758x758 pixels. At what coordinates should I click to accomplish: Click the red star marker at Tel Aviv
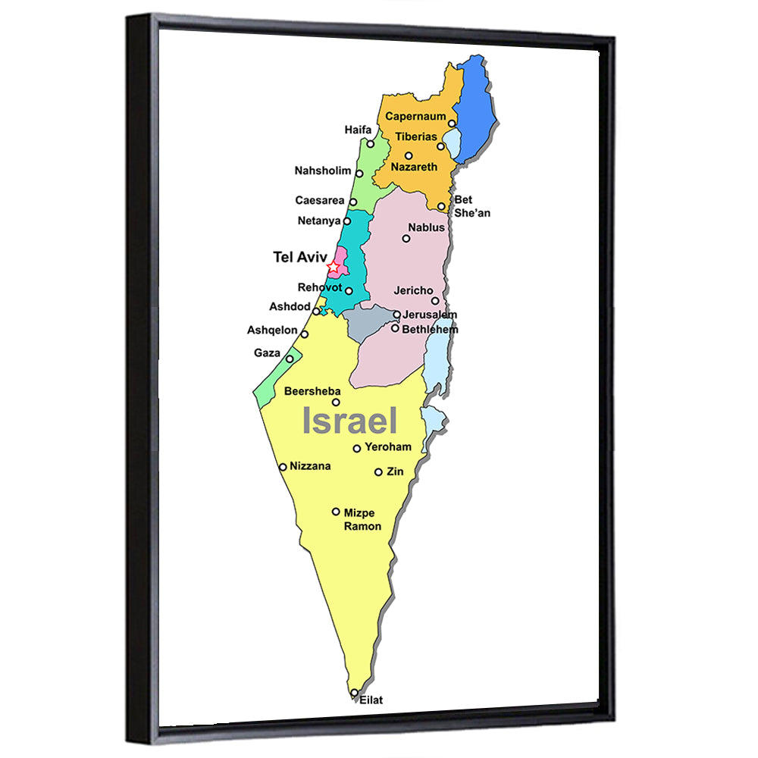tap(333, 267)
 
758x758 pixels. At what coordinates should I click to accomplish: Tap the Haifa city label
tap(358, 130)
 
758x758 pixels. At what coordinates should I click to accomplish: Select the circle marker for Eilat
tap(354, 692)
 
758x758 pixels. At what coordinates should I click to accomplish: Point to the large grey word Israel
tap(350, 420)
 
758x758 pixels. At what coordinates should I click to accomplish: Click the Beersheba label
tap(307, 391)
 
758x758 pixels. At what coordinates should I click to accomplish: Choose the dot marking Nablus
tap(406, 238)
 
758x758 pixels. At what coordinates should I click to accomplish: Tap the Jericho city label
tap(413, 290)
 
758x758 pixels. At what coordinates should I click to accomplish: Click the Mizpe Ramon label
tap(362, 519)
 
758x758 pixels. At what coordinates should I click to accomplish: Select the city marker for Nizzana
tap(283, 467)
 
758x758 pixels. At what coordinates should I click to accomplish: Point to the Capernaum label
tap(414, 116)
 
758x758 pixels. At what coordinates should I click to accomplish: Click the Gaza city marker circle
tap(290, 358)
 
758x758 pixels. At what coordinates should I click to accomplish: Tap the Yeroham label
tap(387, 446)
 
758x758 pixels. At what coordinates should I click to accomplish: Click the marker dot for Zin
tap(378, 471)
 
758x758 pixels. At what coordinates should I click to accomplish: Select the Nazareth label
tap(414, 166)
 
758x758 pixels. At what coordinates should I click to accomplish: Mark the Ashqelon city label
tap(272, 330)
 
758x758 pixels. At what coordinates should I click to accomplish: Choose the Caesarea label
tap(320, 200)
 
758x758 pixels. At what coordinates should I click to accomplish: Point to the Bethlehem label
tap(430, 329)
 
